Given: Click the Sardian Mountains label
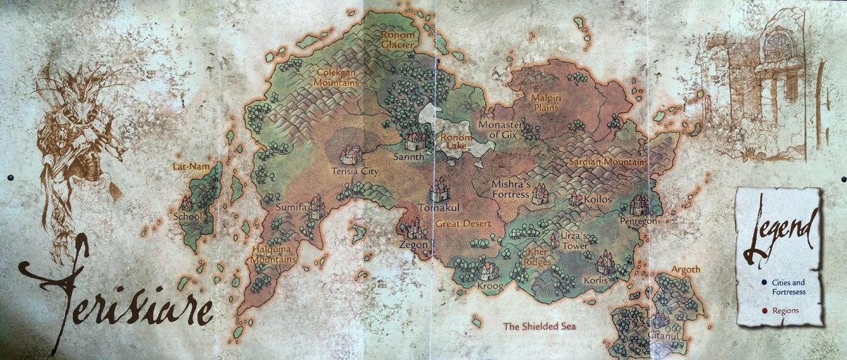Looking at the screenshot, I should (x=608, y=162).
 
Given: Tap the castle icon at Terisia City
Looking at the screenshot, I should (x=351, y=154).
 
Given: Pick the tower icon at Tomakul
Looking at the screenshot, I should (x=440, y=189).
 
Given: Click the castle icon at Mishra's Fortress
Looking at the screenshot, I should (x=539, y=193).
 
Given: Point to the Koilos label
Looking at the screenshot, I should (x=597, y=200).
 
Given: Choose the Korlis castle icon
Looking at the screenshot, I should (x=605, y=263).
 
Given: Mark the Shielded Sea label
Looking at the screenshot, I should (x=539, y=327).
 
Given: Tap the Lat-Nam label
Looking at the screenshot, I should (x=187, y=167).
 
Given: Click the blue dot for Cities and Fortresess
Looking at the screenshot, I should (x=755, y=283).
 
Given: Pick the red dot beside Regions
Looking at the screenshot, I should (x=755, y=309).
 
